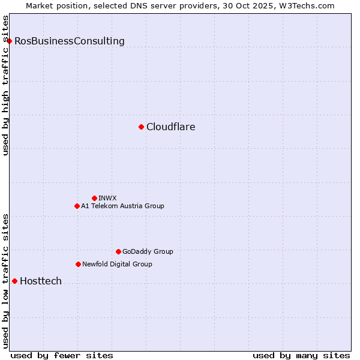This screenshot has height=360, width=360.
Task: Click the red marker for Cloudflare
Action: click(x=141, y=127)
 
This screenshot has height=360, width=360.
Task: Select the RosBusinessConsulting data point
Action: click(x=9, y=41)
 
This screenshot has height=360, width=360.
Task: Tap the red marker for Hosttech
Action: click(x=14, y=281)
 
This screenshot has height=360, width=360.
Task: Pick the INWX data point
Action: click(x=94, y=198)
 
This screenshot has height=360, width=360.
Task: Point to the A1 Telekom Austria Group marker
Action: click(x=77, y=206)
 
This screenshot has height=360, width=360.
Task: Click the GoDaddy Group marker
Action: click(x=118, y=251)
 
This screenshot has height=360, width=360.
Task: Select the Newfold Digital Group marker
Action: click(x=78, y=264)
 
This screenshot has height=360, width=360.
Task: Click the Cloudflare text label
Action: click(x=170, y=127)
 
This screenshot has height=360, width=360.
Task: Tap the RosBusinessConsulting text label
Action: click(x=70, y=41)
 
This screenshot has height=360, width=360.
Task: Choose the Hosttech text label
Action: click(x=41, y=281)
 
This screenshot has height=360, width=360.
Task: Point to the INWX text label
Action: click(x=107, y=198)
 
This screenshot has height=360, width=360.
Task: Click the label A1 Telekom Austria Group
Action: click(x=122, y=206)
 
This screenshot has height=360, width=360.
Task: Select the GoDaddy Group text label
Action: click(x=148, y=251)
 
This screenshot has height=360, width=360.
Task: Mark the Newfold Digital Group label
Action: click(x=117, y=264)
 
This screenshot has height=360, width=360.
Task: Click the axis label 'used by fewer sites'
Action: click(x=62, y=355)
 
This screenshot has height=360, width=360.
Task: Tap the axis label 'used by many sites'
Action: click(x=301, y=355)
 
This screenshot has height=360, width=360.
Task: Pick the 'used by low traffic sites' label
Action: click(x=5, y=281)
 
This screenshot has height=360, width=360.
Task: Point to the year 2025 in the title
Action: click(x=261, y=5)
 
